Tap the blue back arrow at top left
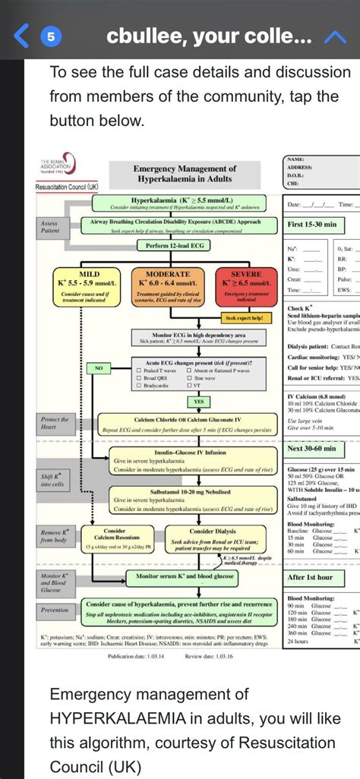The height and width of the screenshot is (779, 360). pyautogui.click(x=24, y=36)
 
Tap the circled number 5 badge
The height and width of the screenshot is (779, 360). pyautogui.click(x=51, y=36)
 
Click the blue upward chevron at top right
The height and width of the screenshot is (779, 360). pyautogui.click(x=335, y=36)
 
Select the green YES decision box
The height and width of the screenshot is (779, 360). pyautogui.click(x=197, y=402)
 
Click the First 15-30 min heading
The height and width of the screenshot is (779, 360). pyautogui.click(x=316, y=225)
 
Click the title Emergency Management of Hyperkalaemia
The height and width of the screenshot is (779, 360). pyautogui.click(x=185, y=173)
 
